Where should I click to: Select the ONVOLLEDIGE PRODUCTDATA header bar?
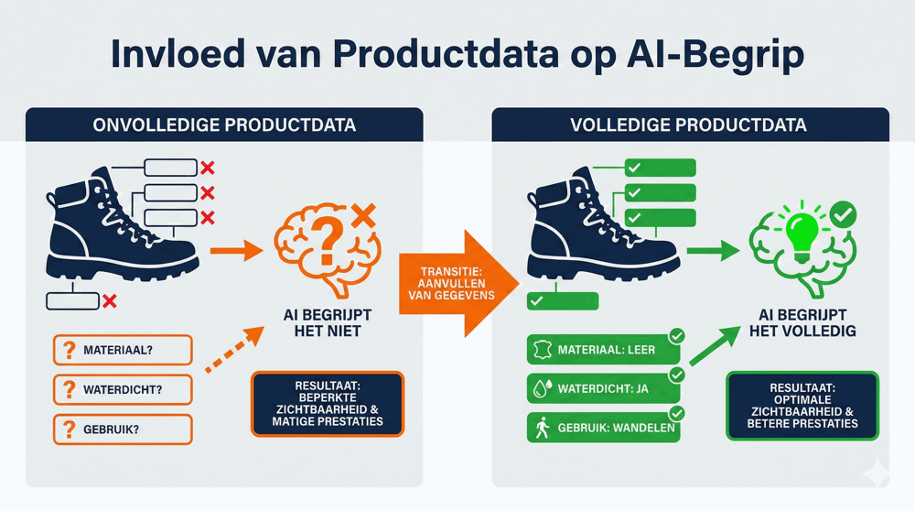click(x=224, y=125)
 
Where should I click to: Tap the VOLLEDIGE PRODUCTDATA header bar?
click(x=690, y=125)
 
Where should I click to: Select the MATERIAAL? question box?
click(x=123, y=350)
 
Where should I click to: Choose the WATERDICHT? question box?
click(x=123, y=389)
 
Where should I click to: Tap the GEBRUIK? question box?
click(x=123, y=429)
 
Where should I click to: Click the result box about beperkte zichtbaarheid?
click(x=327, y=404)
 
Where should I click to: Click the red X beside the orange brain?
click(x=363, y=216)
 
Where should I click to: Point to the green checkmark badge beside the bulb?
click(x=845, y=215)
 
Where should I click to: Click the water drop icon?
click(x=541, y=389)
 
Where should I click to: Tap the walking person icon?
click(x=541, y=429)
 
